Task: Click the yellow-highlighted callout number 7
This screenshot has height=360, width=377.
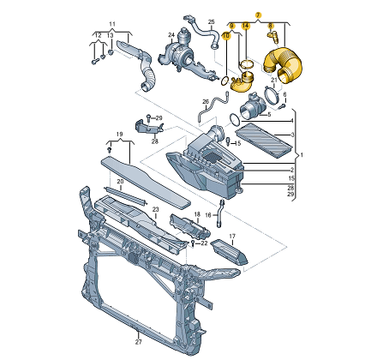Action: point(258,15)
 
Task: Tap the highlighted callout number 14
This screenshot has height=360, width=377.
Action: point(245,26)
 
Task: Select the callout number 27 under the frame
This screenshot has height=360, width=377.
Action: point(138,342)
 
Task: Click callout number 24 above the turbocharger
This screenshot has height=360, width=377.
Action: point(171,35)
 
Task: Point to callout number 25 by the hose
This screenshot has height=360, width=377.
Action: point(211,21)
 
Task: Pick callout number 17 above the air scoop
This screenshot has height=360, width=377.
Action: point(232,237)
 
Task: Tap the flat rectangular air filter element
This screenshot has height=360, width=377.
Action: point(264,140)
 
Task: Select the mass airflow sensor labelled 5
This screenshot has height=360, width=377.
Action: point(253,108)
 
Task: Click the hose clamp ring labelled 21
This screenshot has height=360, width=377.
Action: point(271,95)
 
